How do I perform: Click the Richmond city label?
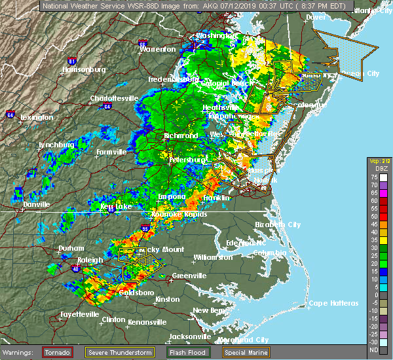tap(181, 135)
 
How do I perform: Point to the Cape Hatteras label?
tap(333, 303)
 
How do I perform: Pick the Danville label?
tap(37, 204)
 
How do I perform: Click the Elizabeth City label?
tap(277, 225)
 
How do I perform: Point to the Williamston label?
tap(213, 257)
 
